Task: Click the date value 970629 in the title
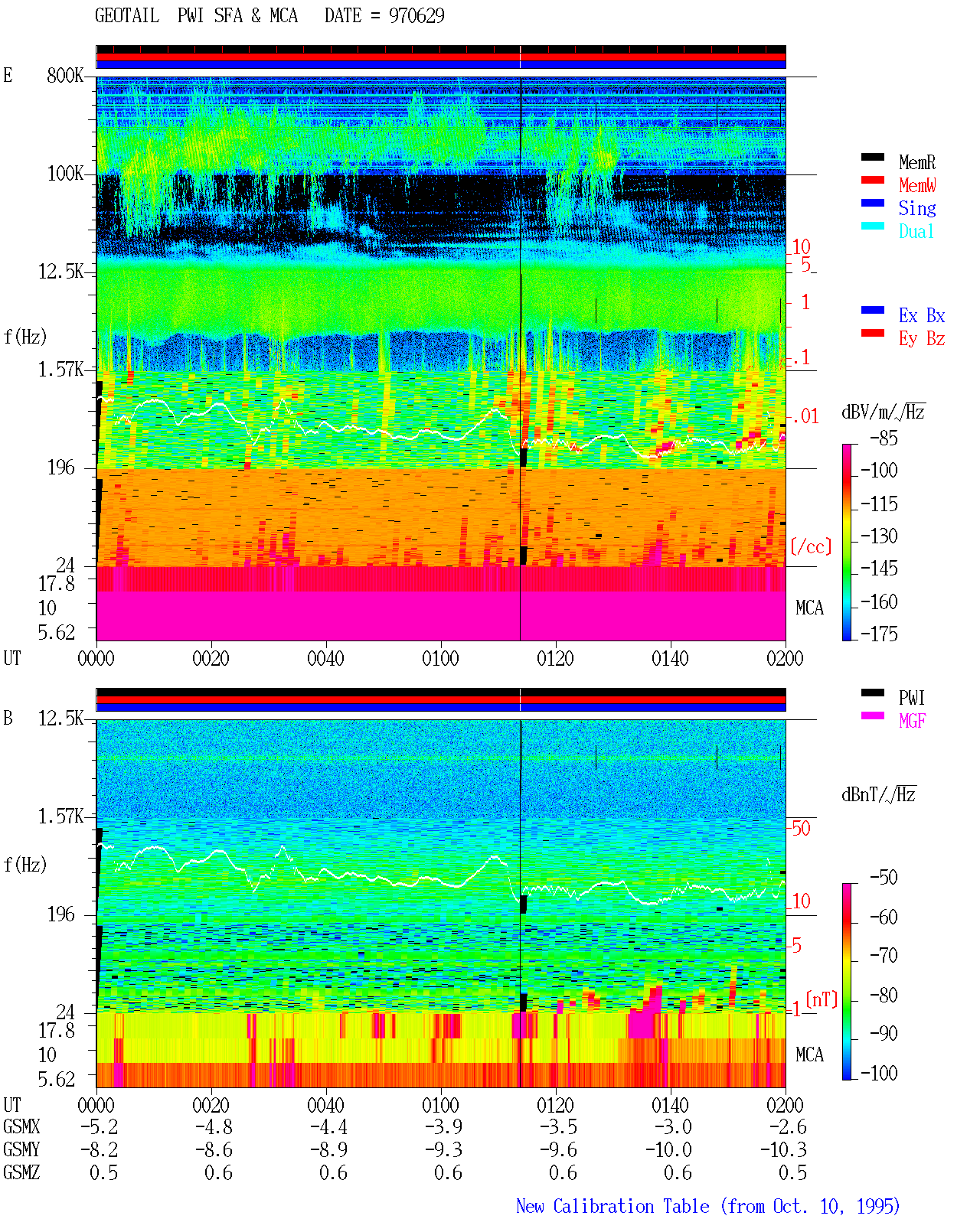click(x=416, y=15)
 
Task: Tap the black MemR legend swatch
click(x=872, y=157)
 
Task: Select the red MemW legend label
click(x=917, y=184)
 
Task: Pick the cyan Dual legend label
click(x=916, y=230)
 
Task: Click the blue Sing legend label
click(x=916, y=208)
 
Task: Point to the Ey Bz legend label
click(x=922, y=338)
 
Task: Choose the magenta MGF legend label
click(x=912, y=721)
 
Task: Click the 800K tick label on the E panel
click(x=64, y=75)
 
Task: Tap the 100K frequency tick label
click(x=64, y=173)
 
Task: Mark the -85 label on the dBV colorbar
click(x=884, y=438)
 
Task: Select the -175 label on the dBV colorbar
click(x=879, y=634)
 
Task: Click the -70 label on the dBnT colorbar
click(x=884, y=956)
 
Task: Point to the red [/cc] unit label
click(x=811, y=546)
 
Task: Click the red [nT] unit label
click(x=822, y=999)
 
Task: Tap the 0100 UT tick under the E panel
click(x=440, y=658)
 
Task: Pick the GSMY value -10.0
click(x=669, y=1150)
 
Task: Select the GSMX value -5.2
click(x=100, y=1126)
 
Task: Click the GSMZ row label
click(x=21, y=1172)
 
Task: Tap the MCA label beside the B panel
click(x=809, y=1054)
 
